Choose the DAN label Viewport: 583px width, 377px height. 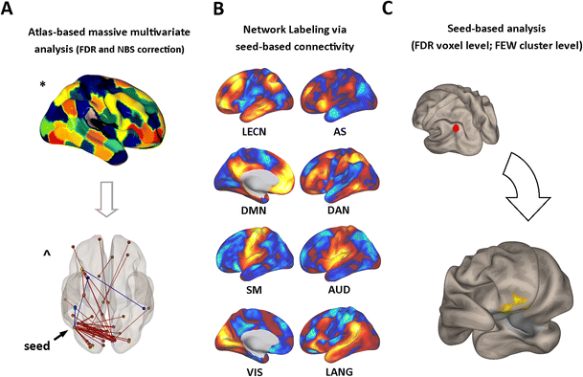pyautogui.click(x=339, y=206)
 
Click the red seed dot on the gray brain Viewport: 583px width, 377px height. pyautogui.click(x=456, y=126)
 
